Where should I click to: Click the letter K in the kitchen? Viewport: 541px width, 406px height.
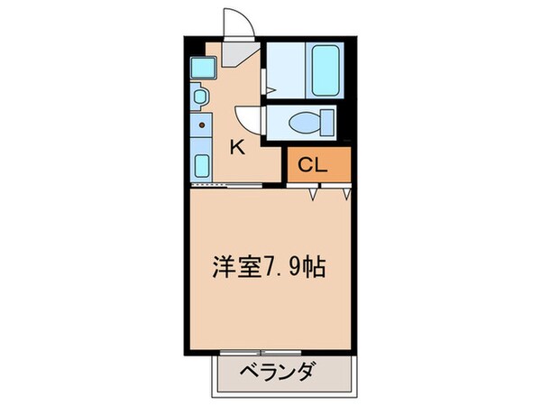(237, 148)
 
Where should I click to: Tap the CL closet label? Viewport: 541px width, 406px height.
(312, 165)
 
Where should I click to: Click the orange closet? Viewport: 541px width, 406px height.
(318, 165)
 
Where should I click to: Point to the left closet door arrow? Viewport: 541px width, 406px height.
(314, 193)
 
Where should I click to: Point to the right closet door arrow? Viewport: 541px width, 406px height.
(346, 193)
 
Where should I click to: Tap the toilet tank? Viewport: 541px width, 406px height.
(326, 120)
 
